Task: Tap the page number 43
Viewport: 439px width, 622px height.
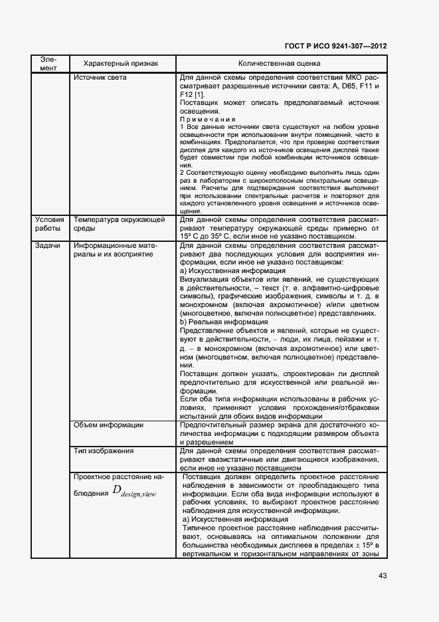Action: tap(383, 575)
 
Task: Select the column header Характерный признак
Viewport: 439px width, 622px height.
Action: tap(121, 64)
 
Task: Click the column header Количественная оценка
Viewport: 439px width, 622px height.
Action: tap(279, 64)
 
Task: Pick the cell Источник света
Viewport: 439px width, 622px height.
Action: tap(100, 78)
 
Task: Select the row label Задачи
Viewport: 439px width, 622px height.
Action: tap(44, 246)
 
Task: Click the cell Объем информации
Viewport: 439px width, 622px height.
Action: tap(109, 425)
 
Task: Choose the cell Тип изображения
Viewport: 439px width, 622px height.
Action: tap(104, 451)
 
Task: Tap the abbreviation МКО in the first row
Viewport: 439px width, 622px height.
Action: tap(336, 78)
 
